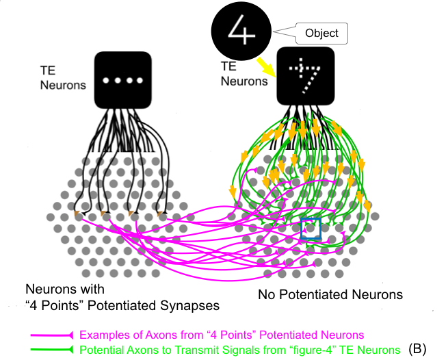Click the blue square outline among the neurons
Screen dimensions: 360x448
311,229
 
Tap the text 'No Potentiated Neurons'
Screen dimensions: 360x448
330,296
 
